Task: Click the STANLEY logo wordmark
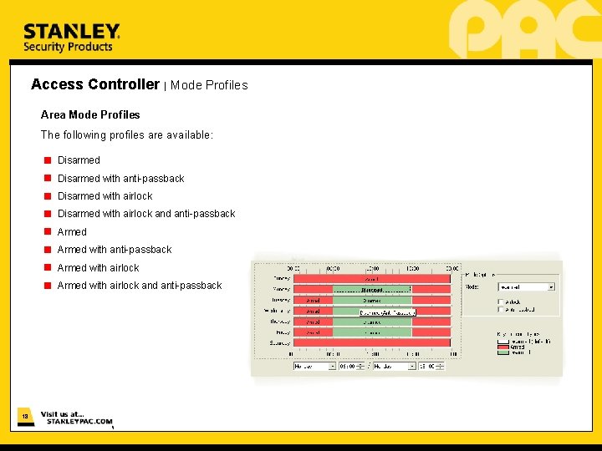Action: click(x=71, y=31)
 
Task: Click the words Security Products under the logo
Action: click(x=68, y=48)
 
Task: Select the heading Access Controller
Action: click(x=94, y=84)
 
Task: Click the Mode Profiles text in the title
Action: click(x=209, y=85)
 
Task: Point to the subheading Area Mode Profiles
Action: click(x=90, y=114)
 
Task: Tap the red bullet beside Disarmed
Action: click(x=48, y=160)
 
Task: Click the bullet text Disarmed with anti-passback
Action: click(x=120, y=179)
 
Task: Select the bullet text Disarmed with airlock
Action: click(x=105, y=196)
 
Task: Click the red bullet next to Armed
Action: click(x=48, y=232)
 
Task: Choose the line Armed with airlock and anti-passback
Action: click(x=140, y=286)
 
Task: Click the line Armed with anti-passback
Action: click(x=115, y=250)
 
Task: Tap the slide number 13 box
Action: click(x=25, y=416)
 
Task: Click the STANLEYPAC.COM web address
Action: click(x=79, y=422)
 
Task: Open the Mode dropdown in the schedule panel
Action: click(x=526, y=286)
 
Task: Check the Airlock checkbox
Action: click(x=501, y=302)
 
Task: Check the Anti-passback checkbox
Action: click(x=501, y=309)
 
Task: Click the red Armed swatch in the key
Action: click(x=503, y=347)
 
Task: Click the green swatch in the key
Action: click(x=503, y=352)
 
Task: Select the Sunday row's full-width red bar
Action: click(x=372, y=342)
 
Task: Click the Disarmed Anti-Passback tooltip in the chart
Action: click(x=387, y=312)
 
